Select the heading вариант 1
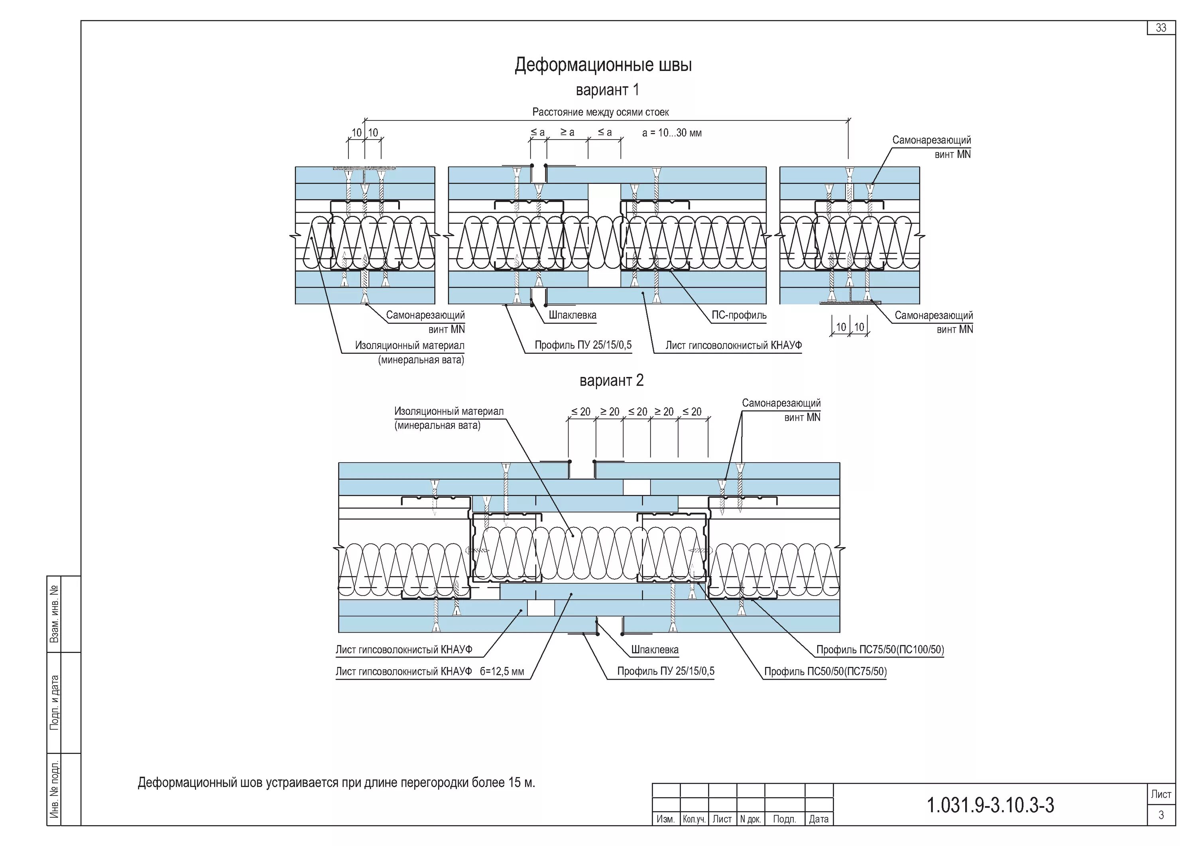pyautogui.click(x=607, y=90)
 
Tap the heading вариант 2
pyautogui.click(x=611, y=381)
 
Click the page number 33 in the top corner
pyautogui.click(x=1161, y=28)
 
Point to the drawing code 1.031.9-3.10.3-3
pyautogui.click(x=990, y=805)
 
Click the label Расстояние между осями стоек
pyautogui.click(x=600, y=112)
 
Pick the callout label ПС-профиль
pyautogui.click(x=739, y=316)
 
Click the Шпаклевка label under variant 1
pyautogui.click(x=572, y=316)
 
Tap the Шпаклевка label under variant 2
pyautogui.click(x=654, y=650)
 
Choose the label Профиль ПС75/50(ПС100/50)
pyautogui.click(x=880, y=650)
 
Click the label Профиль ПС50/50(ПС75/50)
pyautogui.click(x=825, y=671)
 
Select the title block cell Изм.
pyautogui.click(x=666, y=819)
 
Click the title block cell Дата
pyautogui.click(x=818, y=819)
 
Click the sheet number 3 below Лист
pyautogui.click(x=1161, y=815)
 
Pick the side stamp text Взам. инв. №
pyautogui.click(x=54, y=613)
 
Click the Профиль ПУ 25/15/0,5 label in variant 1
pyautogui.click(x=583, y=345)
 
